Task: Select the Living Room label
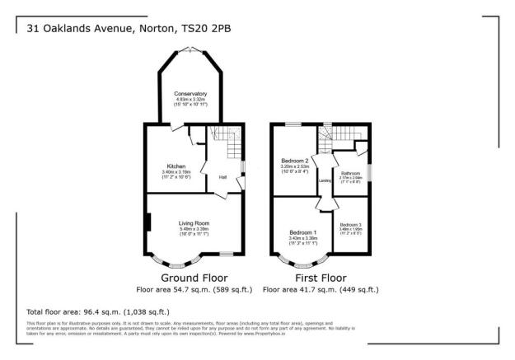click(194, 222)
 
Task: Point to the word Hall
click(222, 176)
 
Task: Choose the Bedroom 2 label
click(295, 160)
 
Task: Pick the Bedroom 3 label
click(350, 224)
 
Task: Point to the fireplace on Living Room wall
click(147, 223)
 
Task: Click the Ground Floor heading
click(194, 278)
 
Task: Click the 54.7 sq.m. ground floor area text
click(177, 290)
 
